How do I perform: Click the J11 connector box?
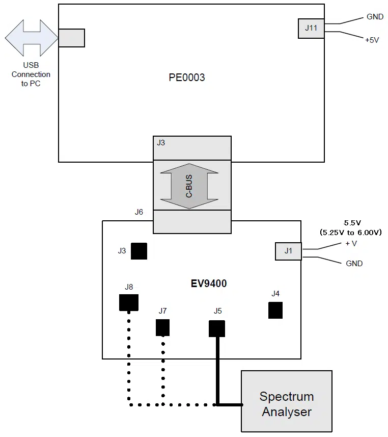311,28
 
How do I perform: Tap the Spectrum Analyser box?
286,403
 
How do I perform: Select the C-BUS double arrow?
189,185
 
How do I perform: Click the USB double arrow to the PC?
31,38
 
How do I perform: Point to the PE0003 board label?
187,78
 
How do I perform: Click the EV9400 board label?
209,284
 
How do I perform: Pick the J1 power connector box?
288,251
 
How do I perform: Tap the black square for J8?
128,302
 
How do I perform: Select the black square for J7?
162,327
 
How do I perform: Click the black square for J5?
217,328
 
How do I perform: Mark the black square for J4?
275,310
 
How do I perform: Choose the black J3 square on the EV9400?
139,251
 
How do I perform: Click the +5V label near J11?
372,40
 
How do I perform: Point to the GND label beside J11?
375,17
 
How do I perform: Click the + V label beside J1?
351,244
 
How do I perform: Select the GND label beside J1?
354,264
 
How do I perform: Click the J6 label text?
138,212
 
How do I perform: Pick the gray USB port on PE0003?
71,38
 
